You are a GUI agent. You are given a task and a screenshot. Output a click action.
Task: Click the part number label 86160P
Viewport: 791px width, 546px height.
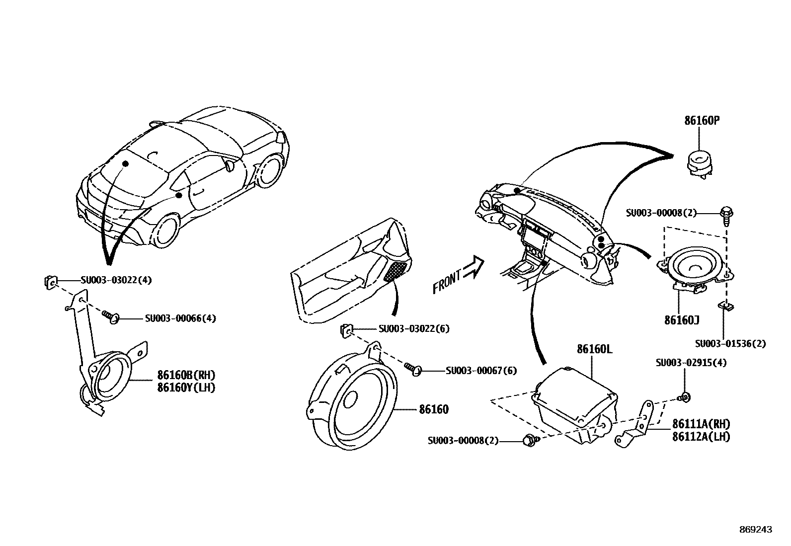[702, 120]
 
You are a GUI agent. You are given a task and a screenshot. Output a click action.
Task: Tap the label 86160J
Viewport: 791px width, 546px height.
[681, 320]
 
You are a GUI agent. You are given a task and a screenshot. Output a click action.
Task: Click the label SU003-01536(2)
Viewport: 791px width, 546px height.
[730, 344]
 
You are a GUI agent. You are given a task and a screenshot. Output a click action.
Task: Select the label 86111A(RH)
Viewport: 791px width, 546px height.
[701, 424]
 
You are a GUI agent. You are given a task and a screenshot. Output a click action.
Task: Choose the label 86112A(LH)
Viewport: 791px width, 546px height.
[701, 437]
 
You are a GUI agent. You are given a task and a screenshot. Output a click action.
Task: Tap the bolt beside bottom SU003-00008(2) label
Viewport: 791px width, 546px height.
[530, 440]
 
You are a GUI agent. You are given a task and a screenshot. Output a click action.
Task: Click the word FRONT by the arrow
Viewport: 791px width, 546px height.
[448, 281]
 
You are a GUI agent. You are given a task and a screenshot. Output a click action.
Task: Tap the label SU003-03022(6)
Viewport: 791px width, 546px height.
[414, 329]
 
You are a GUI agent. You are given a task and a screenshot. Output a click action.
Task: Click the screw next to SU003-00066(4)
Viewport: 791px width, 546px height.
[111, 316]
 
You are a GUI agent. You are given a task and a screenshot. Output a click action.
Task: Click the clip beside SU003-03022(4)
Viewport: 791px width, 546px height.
[49, 282]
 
